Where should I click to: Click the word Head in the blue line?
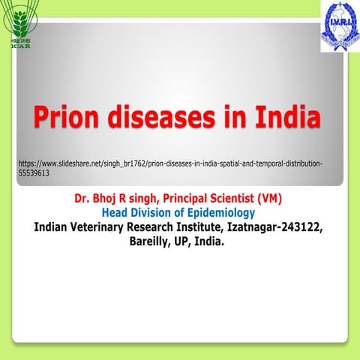coord(116,214)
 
